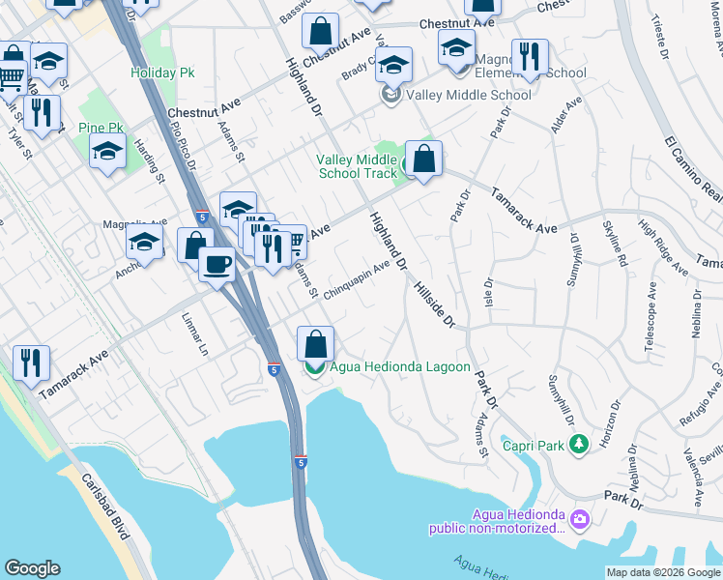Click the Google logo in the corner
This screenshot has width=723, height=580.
[33, 568]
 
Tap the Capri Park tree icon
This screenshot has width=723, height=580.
[579, 445]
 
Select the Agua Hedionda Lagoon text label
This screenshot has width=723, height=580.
[400, 367]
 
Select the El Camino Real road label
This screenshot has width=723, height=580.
[694, 165]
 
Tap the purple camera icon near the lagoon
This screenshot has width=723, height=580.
[579, 520]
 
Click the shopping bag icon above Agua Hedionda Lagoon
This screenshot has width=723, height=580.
[315, 344]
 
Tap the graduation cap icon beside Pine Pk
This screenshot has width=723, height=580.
[107, 151]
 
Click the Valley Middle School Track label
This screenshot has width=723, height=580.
[357, 166]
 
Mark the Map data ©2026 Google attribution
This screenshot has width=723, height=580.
[662, 572]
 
